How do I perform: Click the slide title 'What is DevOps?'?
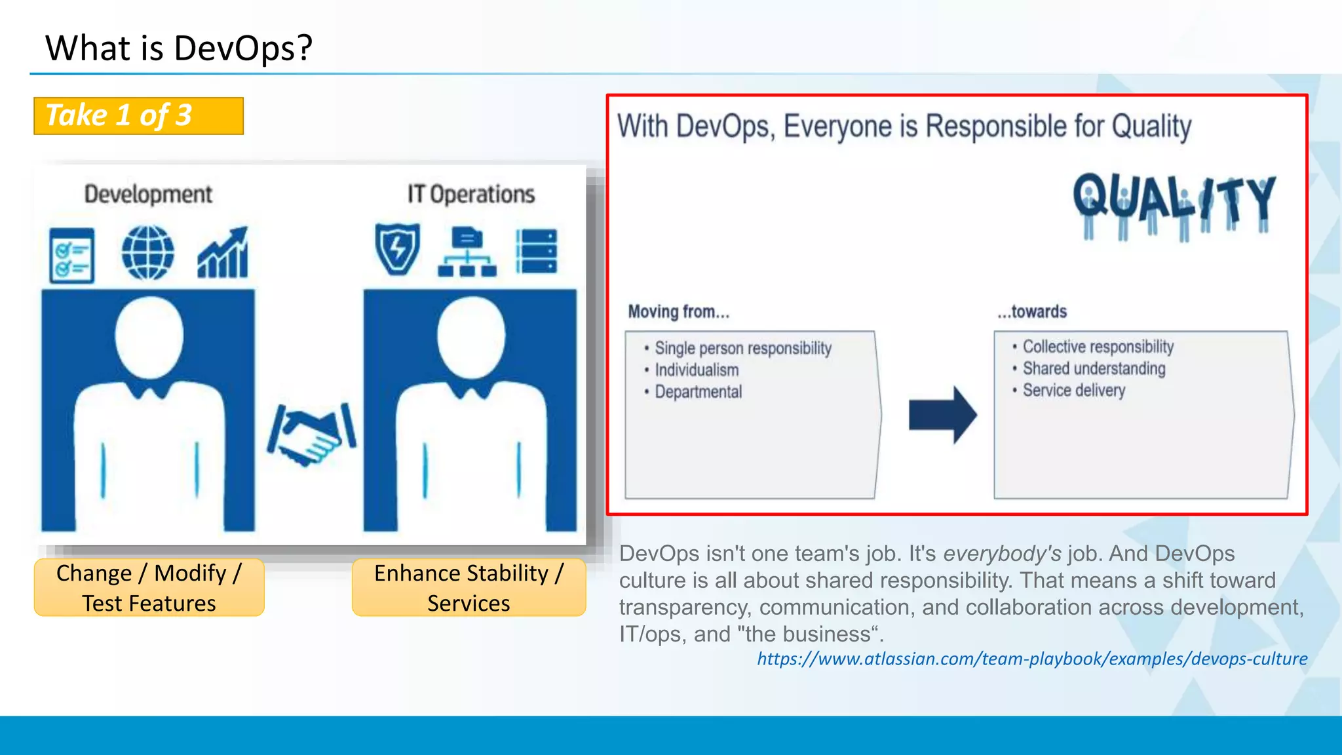point(179,48)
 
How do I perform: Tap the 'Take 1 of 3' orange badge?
point(138,116)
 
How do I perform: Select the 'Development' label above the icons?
point(148,194)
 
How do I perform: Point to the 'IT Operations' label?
point(470,194)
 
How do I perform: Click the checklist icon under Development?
point(71,255)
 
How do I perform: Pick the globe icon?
point(148,253)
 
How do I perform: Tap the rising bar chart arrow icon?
point(223,253)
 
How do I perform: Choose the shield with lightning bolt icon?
point(397,249)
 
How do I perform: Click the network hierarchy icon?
point(467,252)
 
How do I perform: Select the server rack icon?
point(537,251)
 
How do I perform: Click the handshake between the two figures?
point(311,435)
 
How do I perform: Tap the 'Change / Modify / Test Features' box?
point(149,587)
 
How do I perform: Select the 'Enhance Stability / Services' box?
point(469,587)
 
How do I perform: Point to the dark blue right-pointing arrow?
point(942,415)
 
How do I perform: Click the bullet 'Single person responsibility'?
point(742,348)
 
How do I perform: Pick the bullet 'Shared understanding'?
point(1094,368)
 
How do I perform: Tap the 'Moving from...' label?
point(678,311)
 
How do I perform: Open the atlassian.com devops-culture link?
point(1032,659)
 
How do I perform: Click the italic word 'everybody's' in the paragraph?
point(1002,554)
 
